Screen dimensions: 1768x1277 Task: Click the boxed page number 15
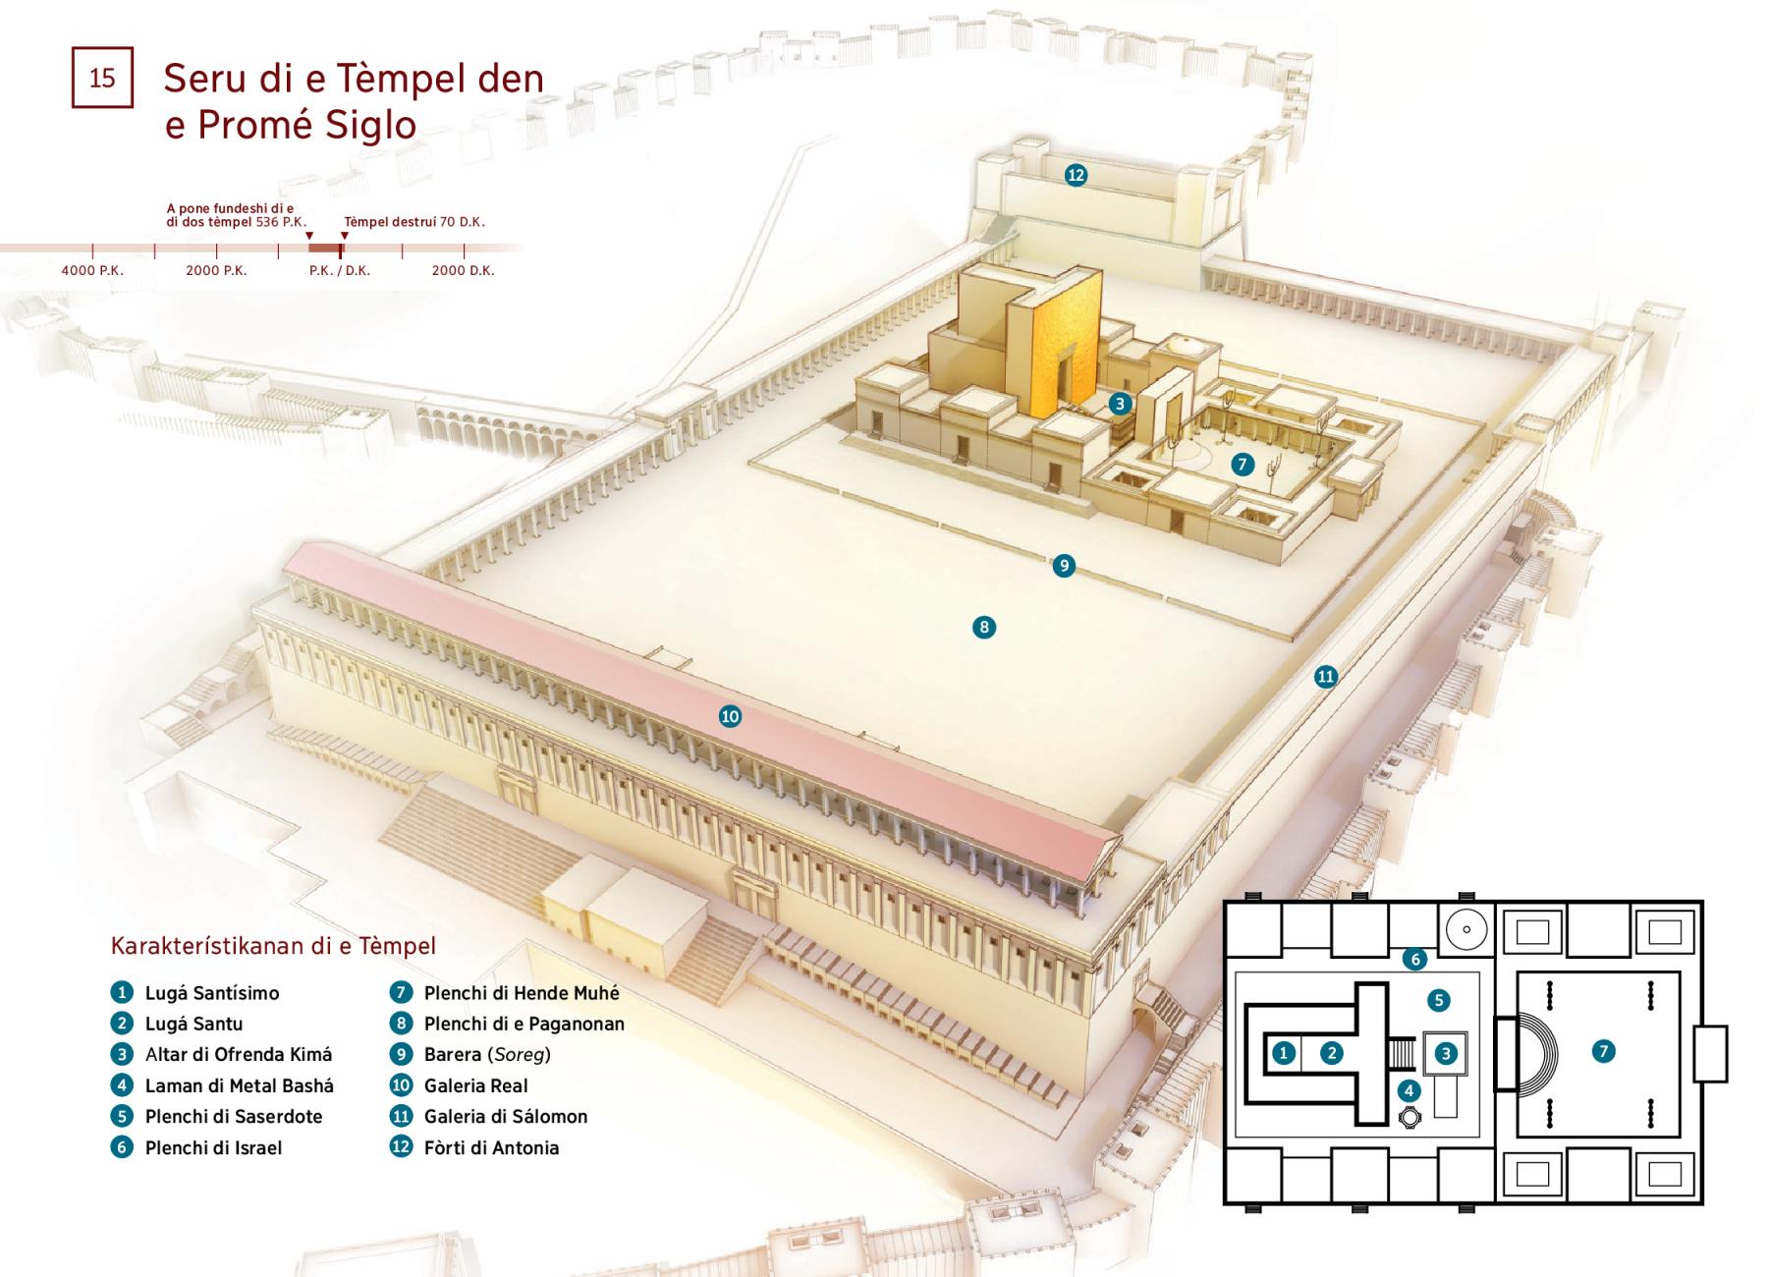pyautogui.click(x=102, y=78)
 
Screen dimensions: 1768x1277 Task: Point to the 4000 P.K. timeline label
pyautogui.click(x=92, y=270)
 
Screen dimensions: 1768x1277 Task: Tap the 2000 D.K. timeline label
pyautogui.click(x=463, y=270)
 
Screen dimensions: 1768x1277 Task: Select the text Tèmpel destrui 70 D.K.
pyautogui.click(x=414, y=222)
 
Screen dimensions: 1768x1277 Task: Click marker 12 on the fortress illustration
pyautogui.click(x=1076, y=175)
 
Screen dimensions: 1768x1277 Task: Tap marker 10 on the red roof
pyautogui.click(x=730, y=716)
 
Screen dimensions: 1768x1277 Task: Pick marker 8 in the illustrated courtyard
pyautogui.click(x=983, y=627)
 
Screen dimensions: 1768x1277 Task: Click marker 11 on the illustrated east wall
pyautogui.click(x=1326, y=676)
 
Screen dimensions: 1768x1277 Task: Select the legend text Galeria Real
pyautogui.click(x=475, y=1085)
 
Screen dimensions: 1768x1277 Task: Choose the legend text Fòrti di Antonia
pyautogui.click(x=491, y=1147)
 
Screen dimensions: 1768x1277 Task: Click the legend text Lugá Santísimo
pyautogui.click(x=212, y=993)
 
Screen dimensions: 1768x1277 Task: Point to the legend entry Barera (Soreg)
pyautogui.click(x=487, y=1055)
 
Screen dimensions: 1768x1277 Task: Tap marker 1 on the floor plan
pyautogui.click(x=1284, y=1053)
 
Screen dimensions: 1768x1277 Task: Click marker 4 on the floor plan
pyautogui.click(x=1409, y=1090)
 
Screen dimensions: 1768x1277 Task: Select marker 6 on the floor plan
pyautogui.click(x=1414, y=959)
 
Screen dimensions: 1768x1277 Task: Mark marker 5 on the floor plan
pyautogui.click(x=1438, y=1000)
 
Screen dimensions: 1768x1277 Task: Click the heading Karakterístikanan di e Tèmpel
pyautogui.click(x=273, y=946)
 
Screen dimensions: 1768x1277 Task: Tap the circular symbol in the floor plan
pyautogui.click(x=1465, y=929)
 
